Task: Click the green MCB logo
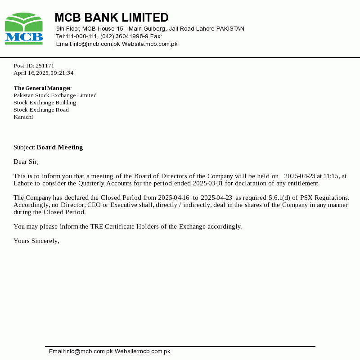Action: (24, 28)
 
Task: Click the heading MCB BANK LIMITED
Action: (111, 18)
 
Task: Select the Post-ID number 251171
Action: (45, 66)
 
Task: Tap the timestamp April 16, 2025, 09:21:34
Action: (43, 73)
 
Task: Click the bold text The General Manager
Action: (42, 88)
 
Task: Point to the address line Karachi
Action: (23, 117)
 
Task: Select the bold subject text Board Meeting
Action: (60, 147)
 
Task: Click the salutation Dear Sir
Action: (26, 162)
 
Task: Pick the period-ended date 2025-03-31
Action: (208, 183)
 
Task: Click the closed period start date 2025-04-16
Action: (174, 198)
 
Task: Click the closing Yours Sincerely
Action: (36, 241)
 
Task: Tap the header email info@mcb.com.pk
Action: (96, 44)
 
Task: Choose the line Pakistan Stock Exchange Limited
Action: (55, 95)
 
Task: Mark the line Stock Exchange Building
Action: (45, 103)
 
